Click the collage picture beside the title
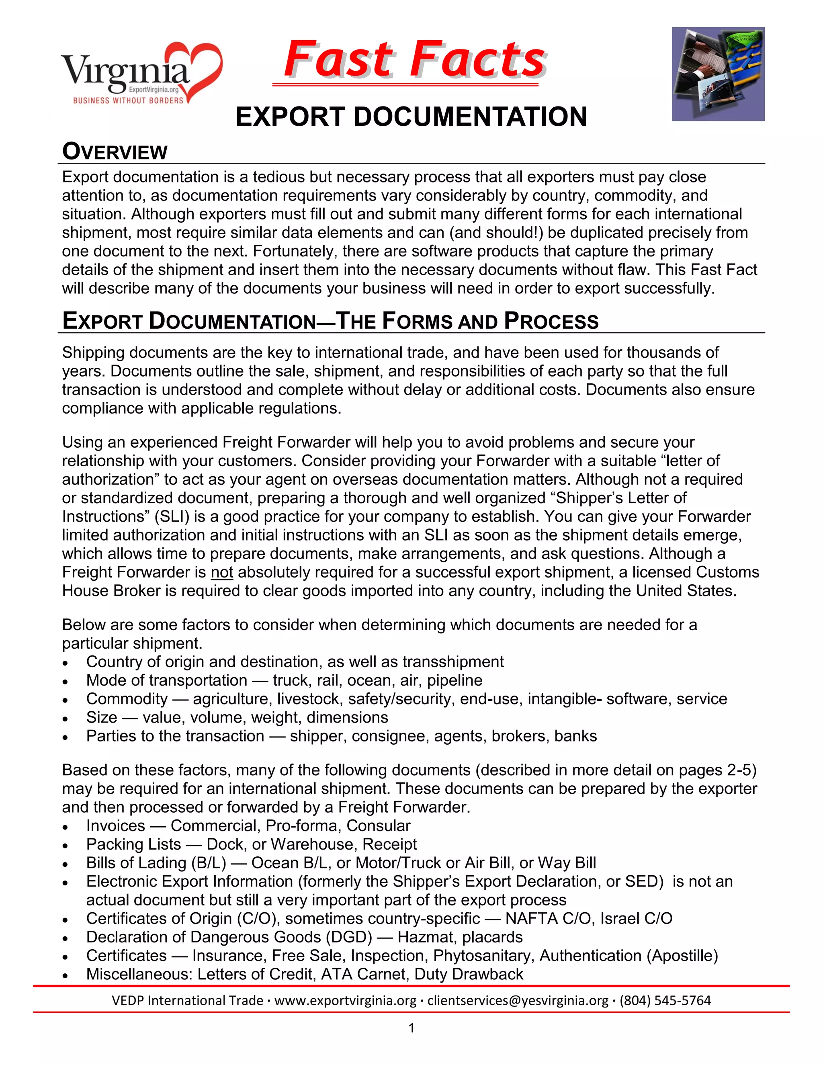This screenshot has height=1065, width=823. [718, 74]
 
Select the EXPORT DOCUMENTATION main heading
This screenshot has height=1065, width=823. [411, 117]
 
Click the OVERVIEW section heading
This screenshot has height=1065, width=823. [115, 152]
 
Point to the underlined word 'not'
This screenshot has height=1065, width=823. [222, 572]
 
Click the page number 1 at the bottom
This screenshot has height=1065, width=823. [411, 1028]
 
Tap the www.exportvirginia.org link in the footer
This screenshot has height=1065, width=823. [345, 1001]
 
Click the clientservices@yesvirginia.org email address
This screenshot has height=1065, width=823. [518, 1001]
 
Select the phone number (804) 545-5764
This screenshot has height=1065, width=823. [665, 1001]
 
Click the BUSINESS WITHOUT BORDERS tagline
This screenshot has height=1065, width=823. [128, 100]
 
